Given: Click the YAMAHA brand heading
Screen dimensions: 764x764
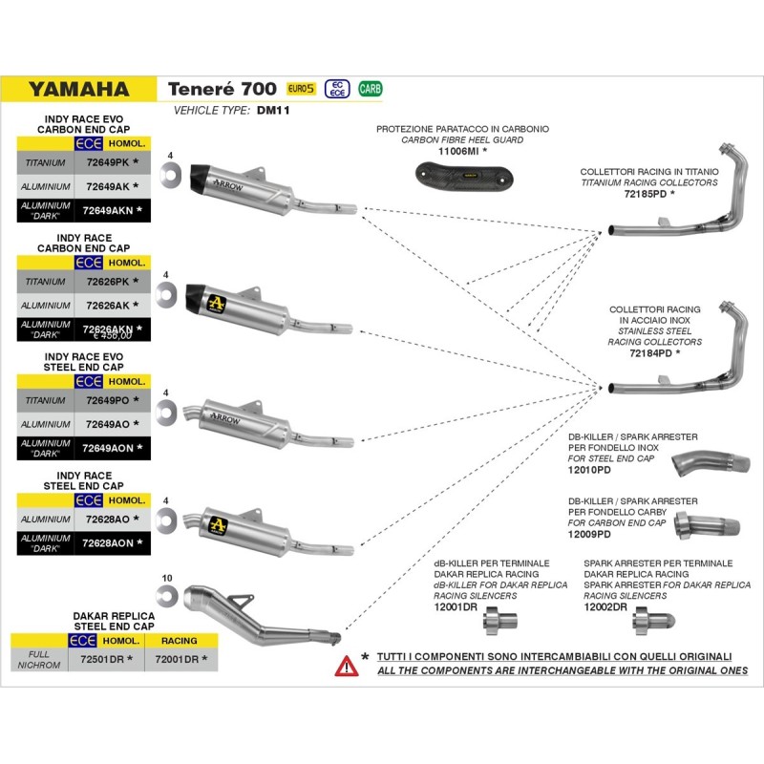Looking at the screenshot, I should click(x=78, y=90).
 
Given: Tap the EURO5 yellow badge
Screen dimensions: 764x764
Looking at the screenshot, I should click(x=301, y=89).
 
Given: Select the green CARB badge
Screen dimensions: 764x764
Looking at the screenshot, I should click(x=370, y=89).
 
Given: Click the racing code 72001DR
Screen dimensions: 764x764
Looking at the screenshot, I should click(x=180, y=659).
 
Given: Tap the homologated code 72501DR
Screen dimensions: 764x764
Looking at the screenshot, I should click(x=105, y=659).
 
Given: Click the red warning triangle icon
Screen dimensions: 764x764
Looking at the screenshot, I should click(x=347, y=665).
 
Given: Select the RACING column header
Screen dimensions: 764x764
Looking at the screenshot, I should click(x=180, y=640).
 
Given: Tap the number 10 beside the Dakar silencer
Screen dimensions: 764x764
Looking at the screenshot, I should click(x=167, y=579).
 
